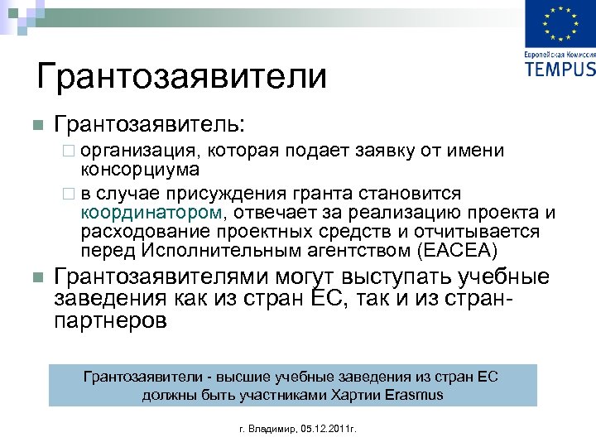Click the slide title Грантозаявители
click(x=182, y=77)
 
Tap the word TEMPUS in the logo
click(x=560, y=68)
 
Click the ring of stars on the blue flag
click(x=559, y=24)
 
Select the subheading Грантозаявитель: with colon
click(x=149, y=125)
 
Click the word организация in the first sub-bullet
click(x=140, y=151)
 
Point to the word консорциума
click(x=140, y=170)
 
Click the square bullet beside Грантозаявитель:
click(x=36, y=126)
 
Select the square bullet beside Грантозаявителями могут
click(x=36, y=277)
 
